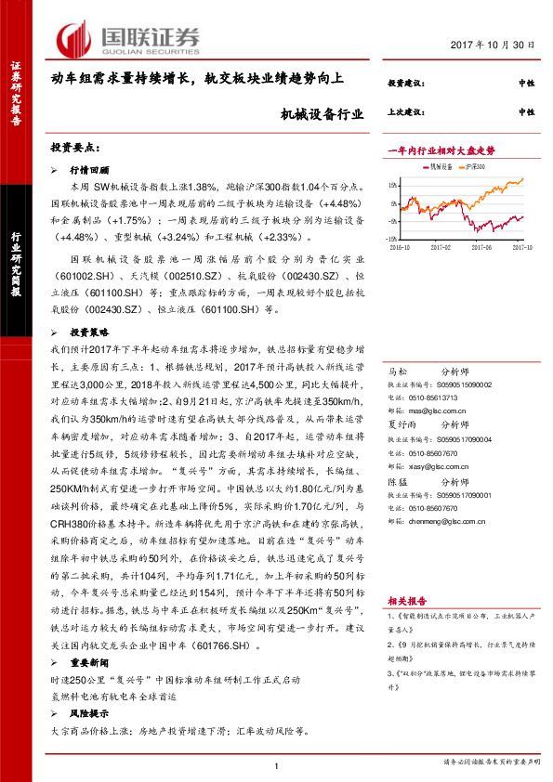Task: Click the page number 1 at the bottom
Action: pos(277,764)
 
